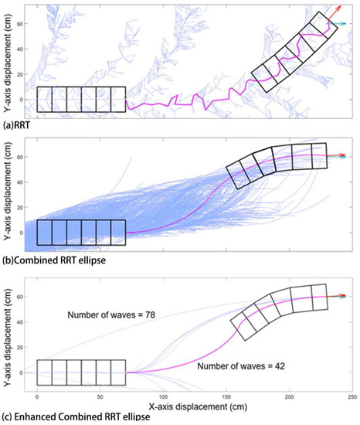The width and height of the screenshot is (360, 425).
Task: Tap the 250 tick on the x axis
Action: tap(352, 395)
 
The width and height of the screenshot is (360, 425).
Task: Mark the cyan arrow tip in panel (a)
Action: tap(346, 25)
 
